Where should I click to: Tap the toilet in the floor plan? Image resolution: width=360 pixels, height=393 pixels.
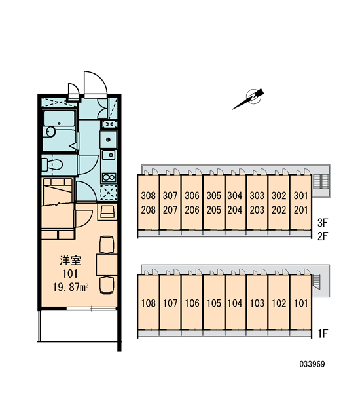52,164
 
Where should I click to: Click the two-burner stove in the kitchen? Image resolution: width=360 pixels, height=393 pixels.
109,178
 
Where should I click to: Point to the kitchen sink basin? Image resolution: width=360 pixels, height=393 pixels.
109,155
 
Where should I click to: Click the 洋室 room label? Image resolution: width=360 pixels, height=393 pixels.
71,261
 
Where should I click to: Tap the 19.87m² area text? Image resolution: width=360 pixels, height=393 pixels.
71,287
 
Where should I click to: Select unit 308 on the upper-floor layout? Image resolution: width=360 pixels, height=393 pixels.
149,195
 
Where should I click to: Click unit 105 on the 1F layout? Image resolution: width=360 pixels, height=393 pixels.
213,303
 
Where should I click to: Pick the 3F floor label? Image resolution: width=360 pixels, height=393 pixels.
323,222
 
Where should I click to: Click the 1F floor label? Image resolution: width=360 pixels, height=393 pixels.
323,333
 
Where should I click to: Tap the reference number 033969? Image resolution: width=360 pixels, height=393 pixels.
312,364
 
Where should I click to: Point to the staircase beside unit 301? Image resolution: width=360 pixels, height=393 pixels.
321,181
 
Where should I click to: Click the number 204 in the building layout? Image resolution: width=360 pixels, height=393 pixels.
235,210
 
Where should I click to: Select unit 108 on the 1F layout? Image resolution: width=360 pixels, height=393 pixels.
149,303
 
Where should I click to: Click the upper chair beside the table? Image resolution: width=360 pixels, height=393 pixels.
107,244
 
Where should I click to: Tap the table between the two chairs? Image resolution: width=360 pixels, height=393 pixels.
107,265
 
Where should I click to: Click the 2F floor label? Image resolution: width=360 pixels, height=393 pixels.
323,236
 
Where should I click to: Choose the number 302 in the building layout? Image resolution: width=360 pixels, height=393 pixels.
279,195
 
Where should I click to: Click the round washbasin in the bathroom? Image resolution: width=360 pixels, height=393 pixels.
48,132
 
